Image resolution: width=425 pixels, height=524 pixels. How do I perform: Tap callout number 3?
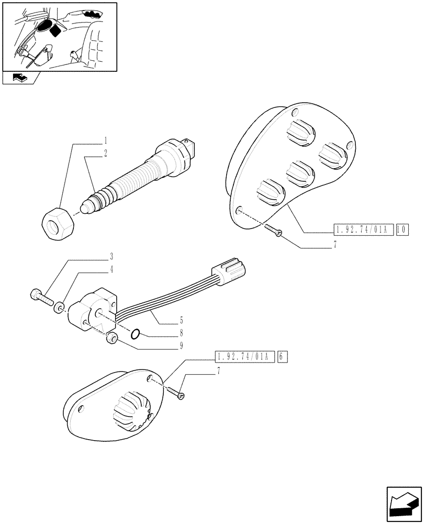click(111, 257)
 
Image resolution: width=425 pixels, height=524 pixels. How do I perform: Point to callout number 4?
click(111, 270)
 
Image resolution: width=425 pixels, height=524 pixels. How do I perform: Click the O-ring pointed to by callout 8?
click(135, 333)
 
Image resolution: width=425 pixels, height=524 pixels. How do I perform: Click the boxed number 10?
click(402, 230)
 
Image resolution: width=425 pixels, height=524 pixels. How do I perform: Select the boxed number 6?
click(281, 357)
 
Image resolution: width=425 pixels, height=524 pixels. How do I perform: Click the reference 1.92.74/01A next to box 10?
click(363, 230)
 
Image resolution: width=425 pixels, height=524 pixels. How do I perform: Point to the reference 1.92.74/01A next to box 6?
click(244, 357)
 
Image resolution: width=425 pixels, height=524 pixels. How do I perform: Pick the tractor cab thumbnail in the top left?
click(59, 37)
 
